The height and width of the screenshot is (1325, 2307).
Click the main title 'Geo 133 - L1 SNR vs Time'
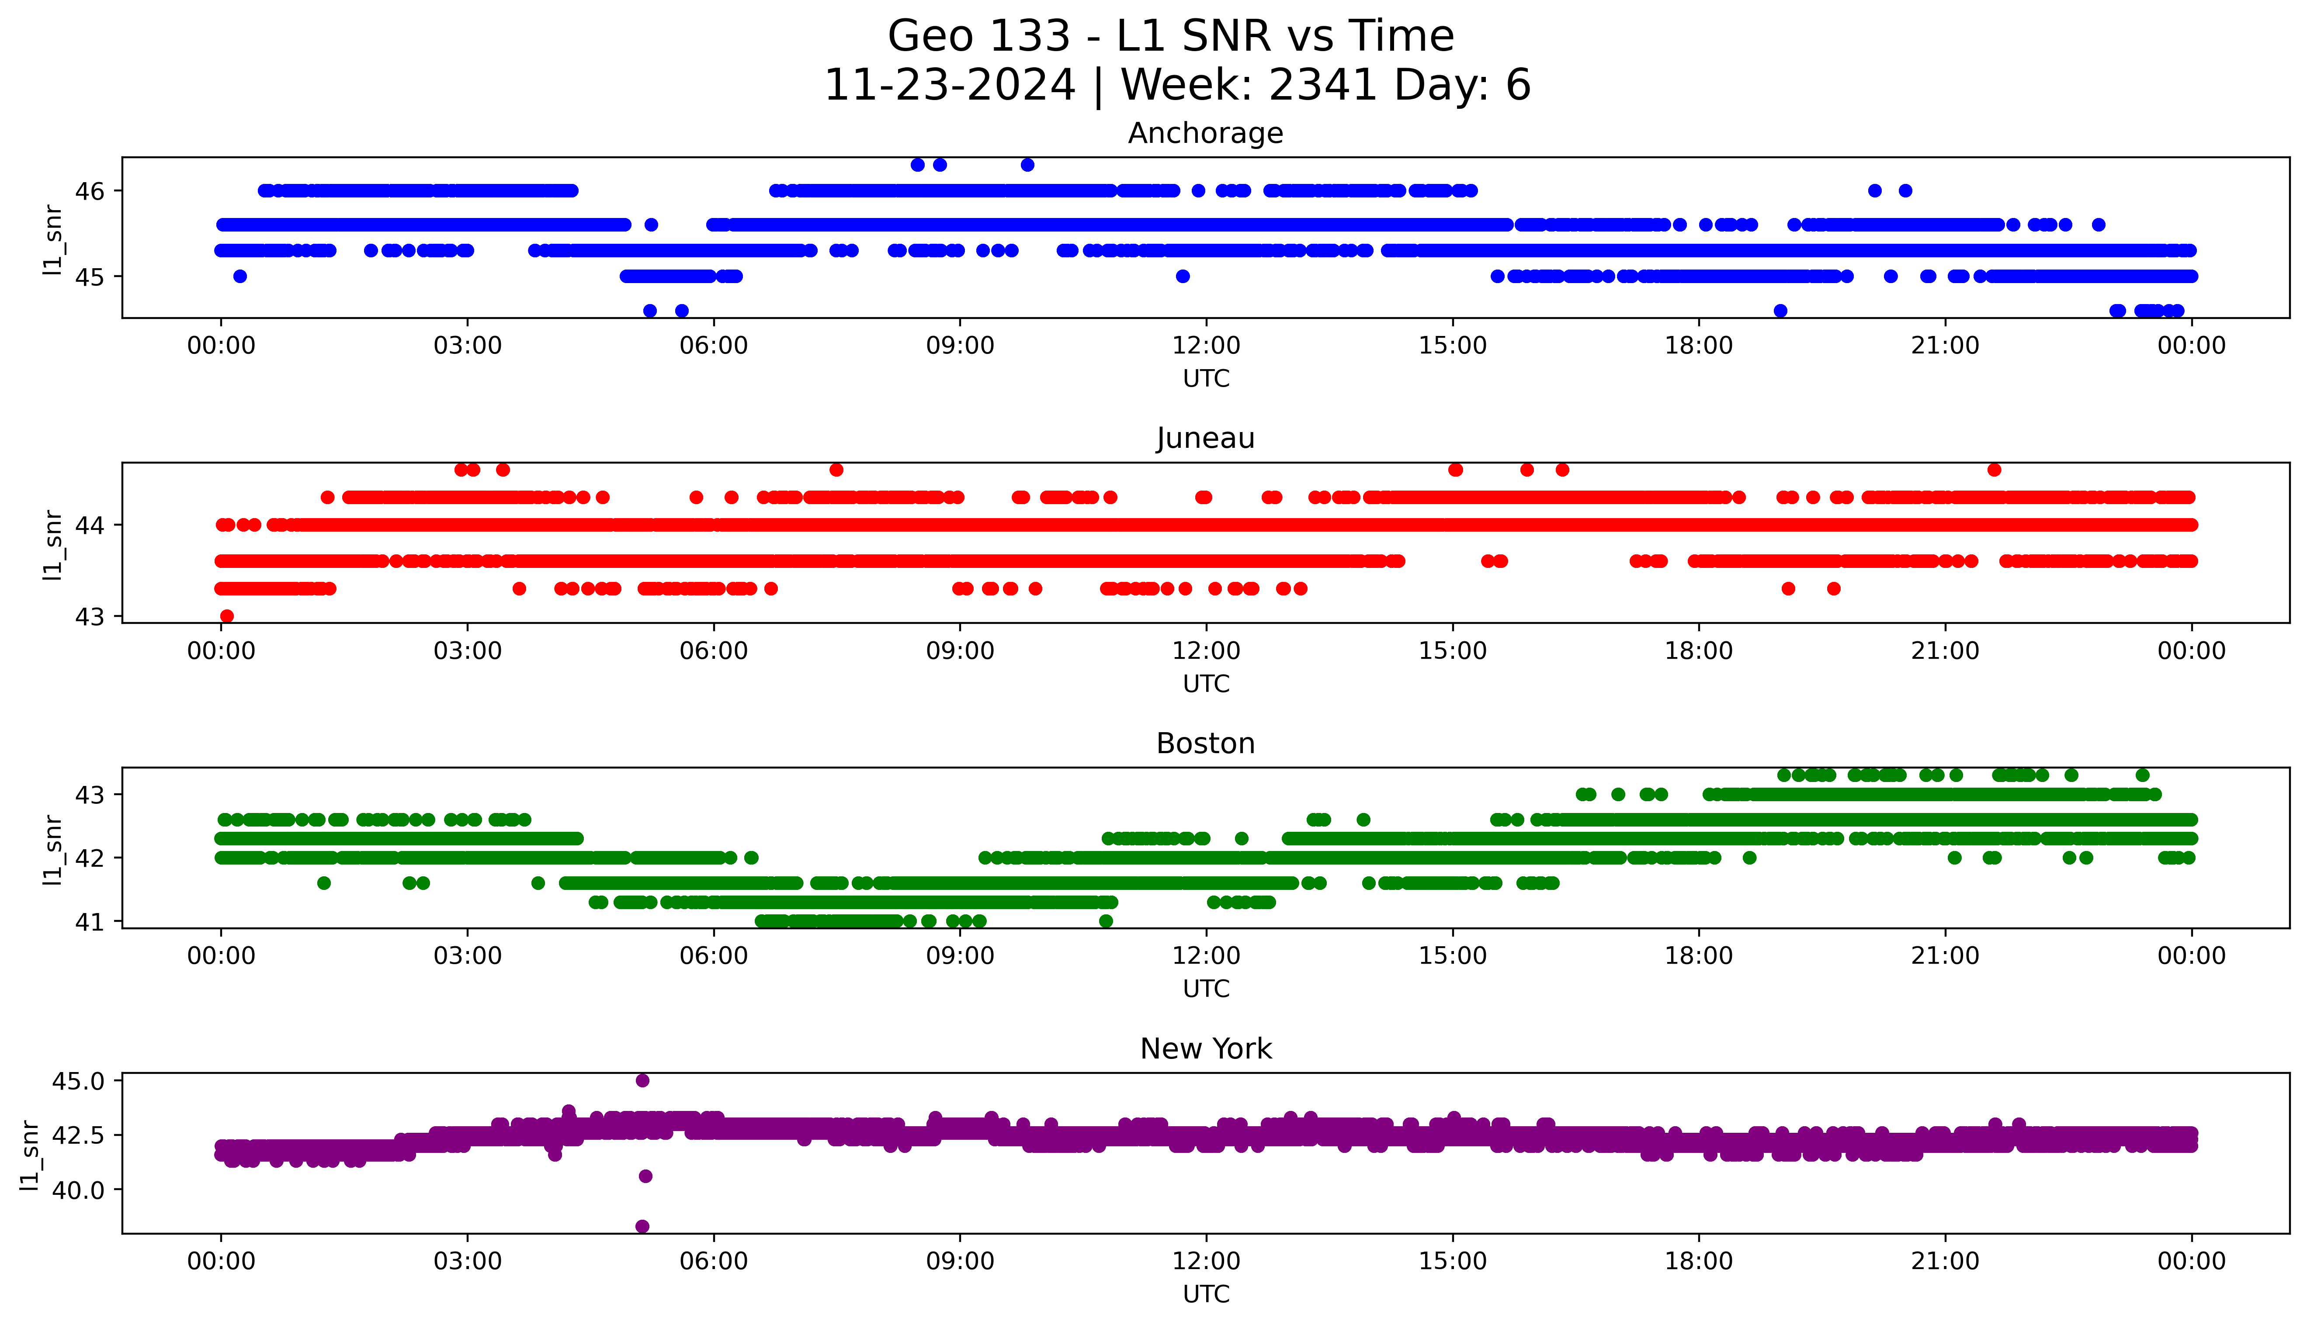coord(1170,36)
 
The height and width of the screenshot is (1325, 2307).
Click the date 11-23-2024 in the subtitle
coord(949,86)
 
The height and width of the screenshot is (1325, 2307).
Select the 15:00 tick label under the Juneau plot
coord(1453,650)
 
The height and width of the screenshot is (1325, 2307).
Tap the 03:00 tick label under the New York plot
coord(468,1261)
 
